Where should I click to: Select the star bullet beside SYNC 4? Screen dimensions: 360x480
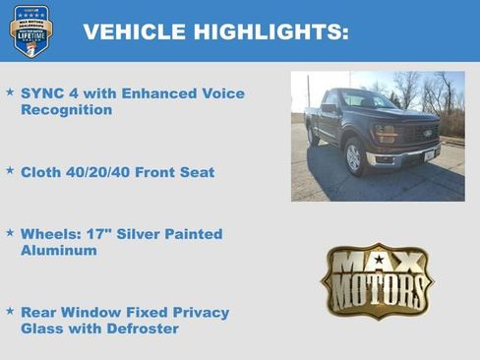(10, 92)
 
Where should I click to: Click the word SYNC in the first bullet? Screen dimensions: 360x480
(42, 93)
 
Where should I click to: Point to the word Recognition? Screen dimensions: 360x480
(66, 110)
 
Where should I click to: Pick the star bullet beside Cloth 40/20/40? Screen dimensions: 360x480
(10, 170)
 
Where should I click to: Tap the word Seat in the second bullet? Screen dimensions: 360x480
(196, 172)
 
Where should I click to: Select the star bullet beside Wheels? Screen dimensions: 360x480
(10, 233)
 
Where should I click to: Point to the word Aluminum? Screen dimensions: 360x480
(59, 251)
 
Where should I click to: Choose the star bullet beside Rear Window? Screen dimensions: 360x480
(10, 311)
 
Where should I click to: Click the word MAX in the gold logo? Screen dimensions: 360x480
(377, 262)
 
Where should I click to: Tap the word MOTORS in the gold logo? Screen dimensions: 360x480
(377, 291)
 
